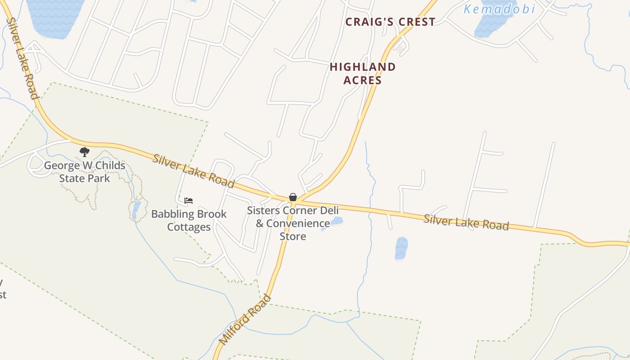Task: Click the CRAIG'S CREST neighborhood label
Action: pyautogui.click(x=390, y=22)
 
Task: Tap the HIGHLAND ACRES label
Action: pyautogui.click(x=363, y=73)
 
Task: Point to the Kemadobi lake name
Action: pyautogui.click(x=499, y=9)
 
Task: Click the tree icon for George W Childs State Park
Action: pyautogui.click(x=84, y=152)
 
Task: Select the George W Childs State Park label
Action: pyautogui.click(x=85, y=172)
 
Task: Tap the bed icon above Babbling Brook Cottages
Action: pyautogui.click(x=189, y=201)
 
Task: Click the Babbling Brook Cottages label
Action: pyautogui.click(x=189, y=220)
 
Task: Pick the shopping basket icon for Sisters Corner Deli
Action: pyautogui.click(x=293, y=197)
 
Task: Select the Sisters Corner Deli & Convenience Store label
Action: pyautogui.click(x=293, y=223)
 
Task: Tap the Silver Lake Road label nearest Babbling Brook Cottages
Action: pyautogui.click(x=193, y=171)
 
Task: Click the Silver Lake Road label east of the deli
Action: pyautogui.click(x=466, y=222)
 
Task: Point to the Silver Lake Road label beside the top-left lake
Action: pyautogui.click(x=21, y=58)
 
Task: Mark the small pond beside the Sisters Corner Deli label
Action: pyautogui.click(x=336, y=221)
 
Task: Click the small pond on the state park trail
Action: pyautogui.click(x=136, y=210)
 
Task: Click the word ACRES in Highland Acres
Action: pyautogui.click(x=363, y=80)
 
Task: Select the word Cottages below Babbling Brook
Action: pyautogui.click(x=189, y=227)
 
